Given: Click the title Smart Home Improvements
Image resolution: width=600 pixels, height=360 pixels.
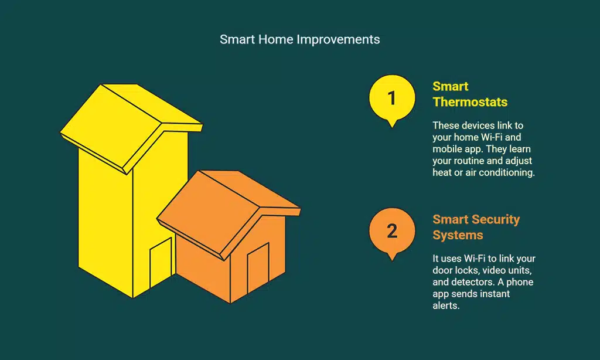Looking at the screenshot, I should [x=299, y=39].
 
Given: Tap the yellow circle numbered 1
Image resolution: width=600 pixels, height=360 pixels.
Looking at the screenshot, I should [x=392, y=97].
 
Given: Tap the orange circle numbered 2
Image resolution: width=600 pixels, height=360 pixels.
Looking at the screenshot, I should [x=392, y=230].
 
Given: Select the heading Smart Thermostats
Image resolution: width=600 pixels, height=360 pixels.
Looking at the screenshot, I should [x=470, y=94].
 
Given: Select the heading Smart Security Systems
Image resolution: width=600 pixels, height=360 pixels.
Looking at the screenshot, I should [x=476, y=227].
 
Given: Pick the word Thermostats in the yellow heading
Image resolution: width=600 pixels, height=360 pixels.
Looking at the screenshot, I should [x=470, y=102].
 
